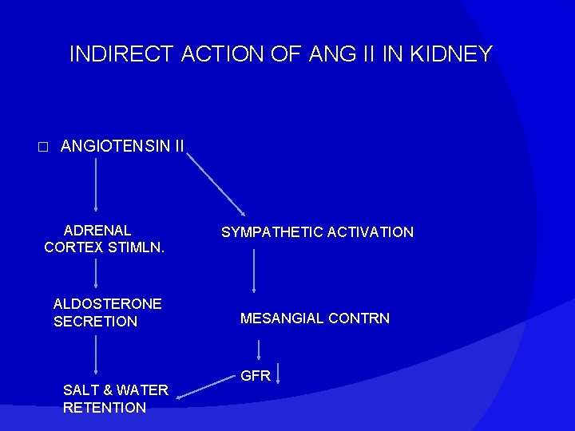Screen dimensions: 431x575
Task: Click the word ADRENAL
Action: click(x=97, y=231)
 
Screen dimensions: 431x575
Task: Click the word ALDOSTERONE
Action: click(x=107, y=304)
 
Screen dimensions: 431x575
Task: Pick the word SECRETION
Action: click(x=95, y=322)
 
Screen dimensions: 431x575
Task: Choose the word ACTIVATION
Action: click(x=371, y=232)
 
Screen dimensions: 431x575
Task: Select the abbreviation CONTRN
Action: click(x=359, y=318)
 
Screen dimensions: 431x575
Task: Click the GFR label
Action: click(x=256, y=376)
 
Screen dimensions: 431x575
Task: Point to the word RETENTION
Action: click(x=104, y=408)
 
